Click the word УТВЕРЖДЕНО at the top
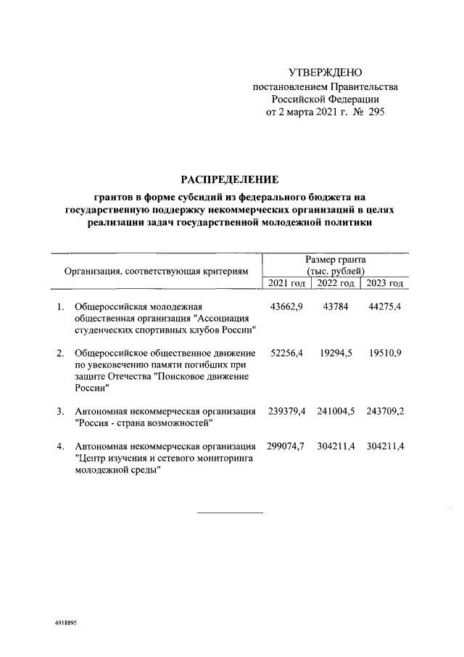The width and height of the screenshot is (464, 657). pos(325,73)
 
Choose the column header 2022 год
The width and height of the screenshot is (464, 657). pos(336,283)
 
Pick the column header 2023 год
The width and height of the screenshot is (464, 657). pos(385,283)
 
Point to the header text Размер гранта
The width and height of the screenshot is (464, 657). pos(335,259)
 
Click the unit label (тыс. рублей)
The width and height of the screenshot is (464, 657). pos(335,271)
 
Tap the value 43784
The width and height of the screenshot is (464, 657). pos(335,307)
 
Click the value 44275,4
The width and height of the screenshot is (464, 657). pos(384,307)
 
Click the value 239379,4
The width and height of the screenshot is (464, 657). pos(286,411)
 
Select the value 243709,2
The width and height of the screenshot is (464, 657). pos(384,411)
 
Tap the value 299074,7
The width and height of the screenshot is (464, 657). pos(286,445)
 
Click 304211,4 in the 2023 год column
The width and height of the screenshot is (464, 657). pos(384,445)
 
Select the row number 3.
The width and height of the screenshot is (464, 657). pos(60,411)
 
